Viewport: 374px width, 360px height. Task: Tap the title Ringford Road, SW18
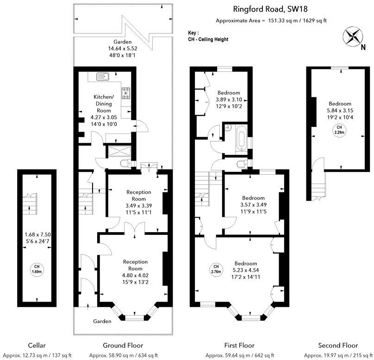point(270,8)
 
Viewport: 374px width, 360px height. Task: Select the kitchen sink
point(103,76)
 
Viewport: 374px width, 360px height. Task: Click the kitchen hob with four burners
point(126,93)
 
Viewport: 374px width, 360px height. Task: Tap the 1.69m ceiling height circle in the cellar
point(36,269)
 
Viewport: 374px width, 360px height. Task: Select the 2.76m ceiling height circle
point(216,269)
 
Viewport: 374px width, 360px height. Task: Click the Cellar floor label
point(36,345)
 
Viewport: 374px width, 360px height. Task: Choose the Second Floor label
point(338,345)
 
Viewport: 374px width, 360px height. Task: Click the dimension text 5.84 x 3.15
point(340,111)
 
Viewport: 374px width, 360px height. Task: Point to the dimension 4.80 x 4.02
point(135,275)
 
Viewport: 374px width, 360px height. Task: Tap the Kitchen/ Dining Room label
point(103,104)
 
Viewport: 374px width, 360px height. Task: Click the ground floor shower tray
point(119,151)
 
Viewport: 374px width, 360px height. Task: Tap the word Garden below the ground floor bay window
point(102,321)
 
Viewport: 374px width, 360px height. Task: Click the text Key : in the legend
point(193,33)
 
